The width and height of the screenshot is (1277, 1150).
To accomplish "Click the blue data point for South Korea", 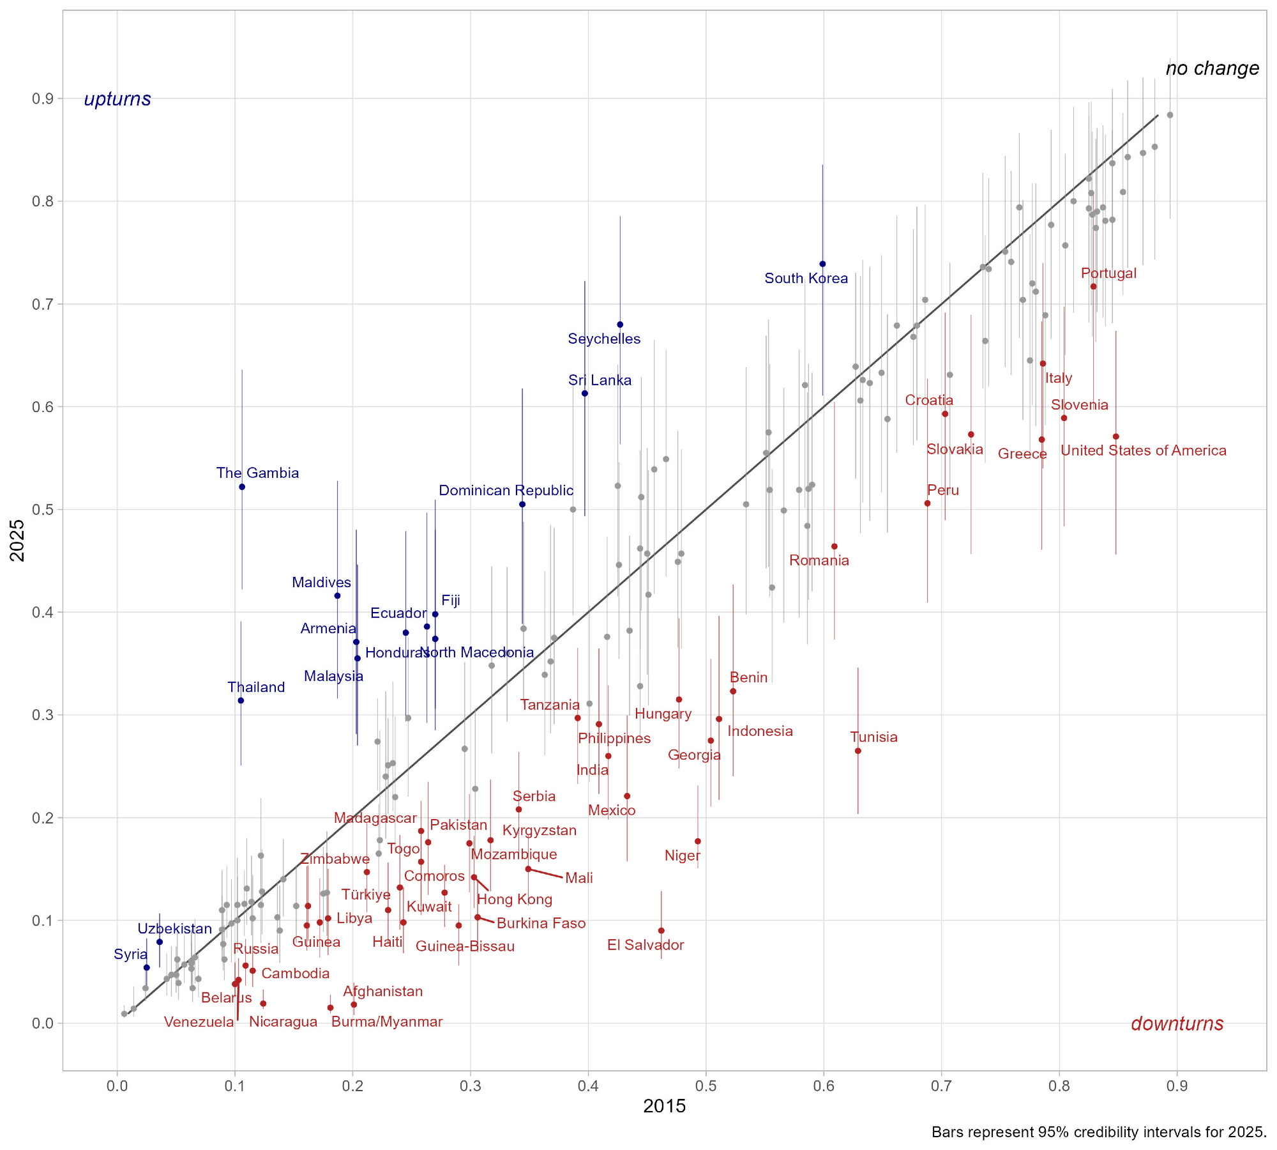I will [x=822, y=264].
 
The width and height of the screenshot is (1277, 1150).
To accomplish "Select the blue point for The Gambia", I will [x=242, y=487].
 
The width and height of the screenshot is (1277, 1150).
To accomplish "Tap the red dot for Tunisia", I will [x=858, y=751].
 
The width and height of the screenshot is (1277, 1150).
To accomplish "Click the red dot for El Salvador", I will [x=661, y=930].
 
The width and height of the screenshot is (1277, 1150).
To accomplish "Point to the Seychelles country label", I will [x=604, y=339].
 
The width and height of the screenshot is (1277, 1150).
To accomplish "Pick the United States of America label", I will [x=1143, y=450].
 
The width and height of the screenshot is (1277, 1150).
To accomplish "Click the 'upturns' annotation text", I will [x=117, y=99].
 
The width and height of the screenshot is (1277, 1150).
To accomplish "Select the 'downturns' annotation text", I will [x=1177, y=1023].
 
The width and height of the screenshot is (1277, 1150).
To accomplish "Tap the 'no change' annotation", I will [x=1212, y=68].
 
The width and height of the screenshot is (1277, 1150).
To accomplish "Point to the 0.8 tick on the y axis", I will [x=43, y=201].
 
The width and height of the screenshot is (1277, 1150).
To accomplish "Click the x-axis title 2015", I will [x=664, y=1106].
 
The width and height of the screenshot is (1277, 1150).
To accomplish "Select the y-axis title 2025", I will [x=18, y=540].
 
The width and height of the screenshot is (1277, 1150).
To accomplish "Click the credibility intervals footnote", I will [x=1098, y=1132].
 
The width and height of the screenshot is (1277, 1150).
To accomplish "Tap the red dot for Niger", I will [x=698, y=841].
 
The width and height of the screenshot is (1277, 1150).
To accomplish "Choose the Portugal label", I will [x=1108, y=273].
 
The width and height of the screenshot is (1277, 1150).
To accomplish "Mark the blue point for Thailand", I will [x=241, y=700].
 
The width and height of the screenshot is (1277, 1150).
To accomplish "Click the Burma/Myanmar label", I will [x=387, y=1022].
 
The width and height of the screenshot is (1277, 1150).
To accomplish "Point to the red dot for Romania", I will [x=834, y=546].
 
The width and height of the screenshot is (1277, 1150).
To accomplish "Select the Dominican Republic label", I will [x=506, y=491].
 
